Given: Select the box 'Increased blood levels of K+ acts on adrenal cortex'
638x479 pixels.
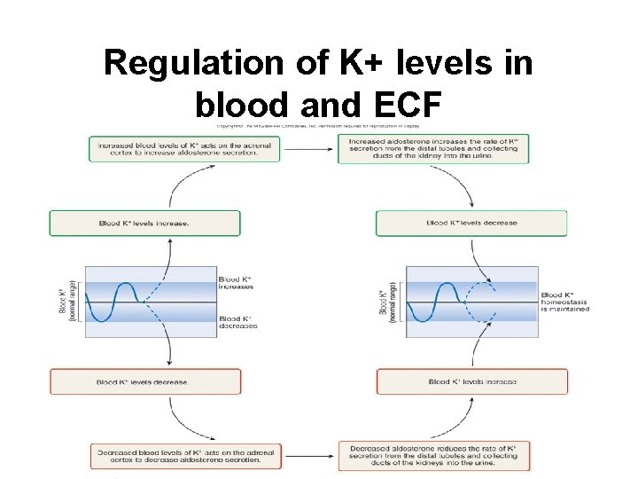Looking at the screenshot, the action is (x=184, y=148).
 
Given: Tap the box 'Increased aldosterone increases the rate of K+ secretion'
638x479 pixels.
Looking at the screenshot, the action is (x=433, y=148).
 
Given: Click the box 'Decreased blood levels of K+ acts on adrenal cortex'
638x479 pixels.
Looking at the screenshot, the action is (x=184, y=455).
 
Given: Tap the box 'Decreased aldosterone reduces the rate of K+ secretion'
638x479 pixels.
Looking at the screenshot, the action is (x=433, y=455).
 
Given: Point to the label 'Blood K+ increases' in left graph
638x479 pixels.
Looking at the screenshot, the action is (x=237, y=283).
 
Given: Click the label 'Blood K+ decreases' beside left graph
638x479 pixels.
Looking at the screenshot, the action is (x=237, y=322).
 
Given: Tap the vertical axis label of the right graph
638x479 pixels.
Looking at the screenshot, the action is (x=387, y=302).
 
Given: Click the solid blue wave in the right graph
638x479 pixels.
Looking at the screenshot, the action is (x=434, y=302).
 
